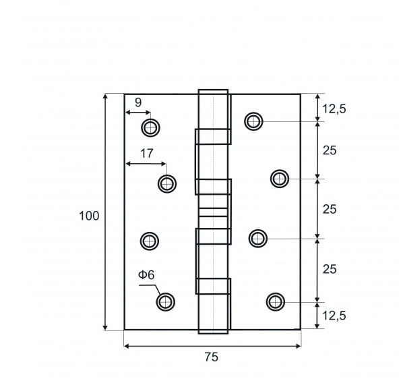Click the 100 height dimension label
click(89, 216)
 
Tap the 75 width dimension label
click(212, 357)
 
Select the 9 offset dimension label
click(138, 102)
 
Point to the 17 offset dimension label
click(147, 154)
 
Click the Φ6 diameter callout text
click(146, 275)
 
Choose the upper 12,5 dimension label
click(334, 109)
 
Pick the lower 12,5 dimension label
click(334, 316)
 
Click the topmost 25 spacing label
click(330, 150)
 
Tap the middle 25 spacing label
click(330, 209)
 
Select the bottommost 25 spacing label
click(330, 269)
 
